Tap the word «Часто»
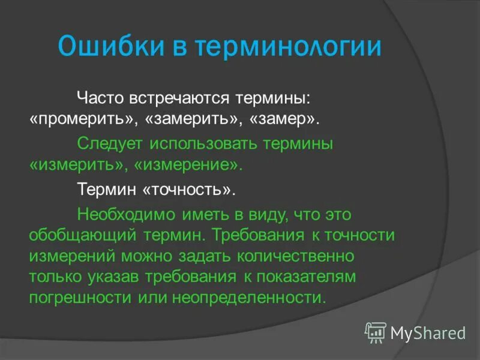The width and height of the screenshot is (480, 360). pyautogui.click(x=100, y=97)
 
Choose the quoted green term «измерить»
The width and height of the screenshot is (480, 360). pyautogui.click(x=79, y=165)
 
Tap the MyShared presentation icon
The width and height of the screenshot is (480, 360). pyautogui.click(x=376, y=332)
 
